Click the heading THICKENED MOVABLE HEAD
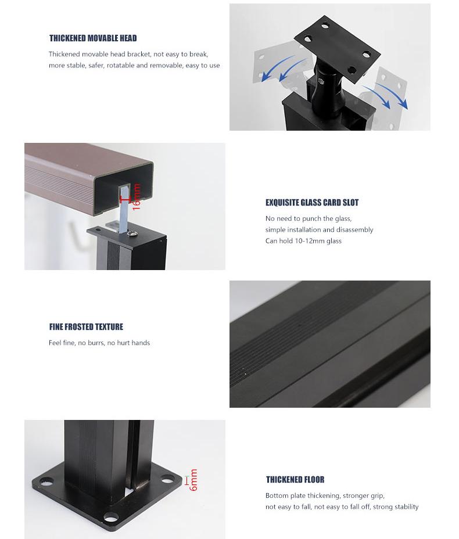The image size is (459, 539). pyautogui.click(x=93, y=38)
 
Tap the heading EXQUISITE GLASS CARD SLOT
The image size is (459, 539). pyautogui.click(x=312, y=203)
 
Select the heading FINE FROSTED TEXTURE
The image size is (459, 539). pyautogui.click(x=86, y=326)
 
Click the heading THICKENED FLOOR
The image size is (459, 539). pyautogui.click(x=295, y=480)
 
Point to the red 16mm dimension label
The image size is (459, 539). pyautogui.click(x=137, y=196)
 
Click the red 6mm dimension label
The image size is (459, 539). pyautogui.click(x=193, y=480)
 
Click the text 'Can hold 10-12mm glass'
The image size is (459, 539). pyautogui.click(x=303, y=240)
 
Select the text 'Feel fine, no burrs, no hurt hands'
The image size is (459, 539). pyautogui.click(x=99, y=343)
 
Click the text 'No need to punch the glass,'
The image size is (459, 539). pyautogui.click(x=309, y=218)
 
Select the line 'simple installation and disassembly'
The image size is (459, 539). pyautogui.click(x=319, y=229)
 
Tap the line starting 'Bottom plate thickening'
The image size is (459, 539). pyautogui.click(x=325, y=495)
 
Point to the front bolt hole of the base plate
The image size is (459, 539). pyautogui.click(x=111, y=516)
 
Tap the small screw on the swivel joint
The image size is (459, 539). pyautogui.click(x=321, y=81)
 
